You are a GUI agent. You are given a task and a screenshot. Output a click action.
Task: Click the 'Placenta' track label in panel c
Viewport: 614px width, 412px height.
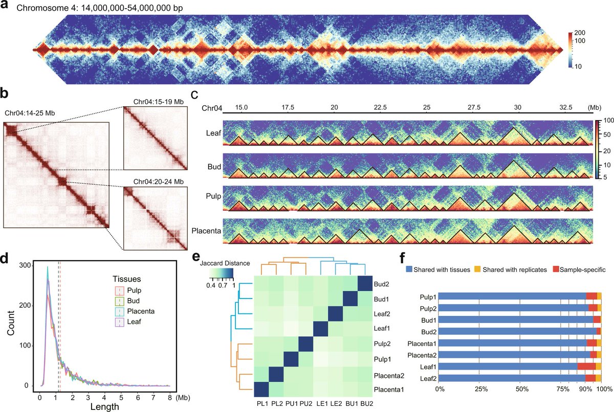pyautogui.click(x=207, y=231)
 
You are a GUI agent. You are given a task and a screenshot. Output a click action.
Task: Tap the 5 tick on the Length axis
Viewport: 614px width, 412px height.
pyautogui.click(x=121, y=396)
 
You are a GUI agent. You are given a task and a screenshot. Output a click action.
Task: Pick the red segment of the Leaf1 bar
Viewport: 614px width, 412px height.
pyautogui.click(x=586, y=366)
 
